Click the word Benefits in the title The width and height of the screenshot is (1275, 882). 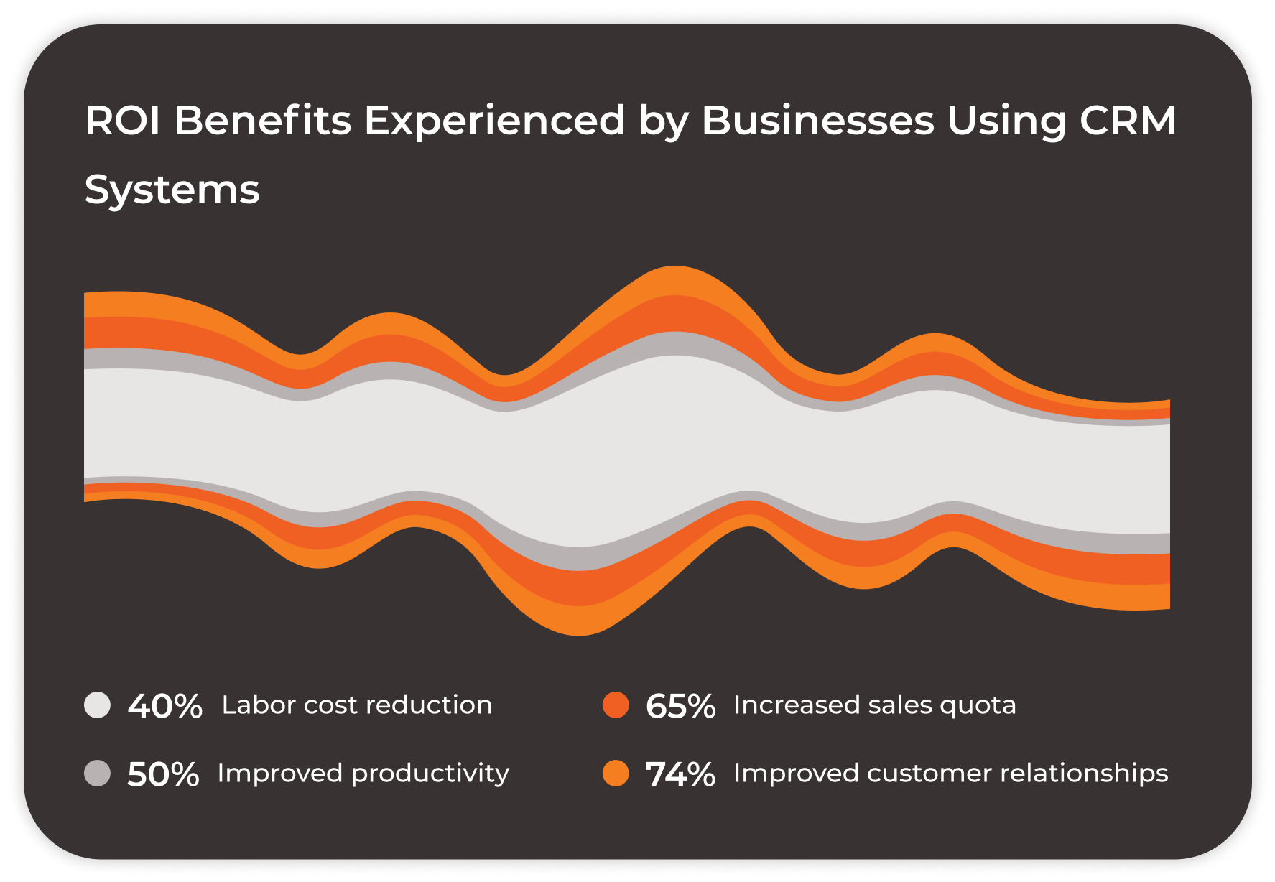click(x=262, y=120)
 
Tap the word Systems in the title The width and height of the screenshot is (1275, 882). click(x=172, y=190)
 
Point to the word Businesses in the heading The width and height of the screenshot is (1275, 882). click(x=817, y=120)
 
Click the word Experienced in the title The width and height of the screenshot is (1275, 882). click(x=495, y=120)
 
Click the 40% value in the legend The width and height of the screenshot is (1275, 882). click(x=164, y=706)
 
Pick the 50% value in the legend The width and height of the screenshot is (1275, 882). click(x=163, y=774)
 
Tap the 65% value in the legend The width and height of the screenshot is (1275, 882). click(x=680, y=706)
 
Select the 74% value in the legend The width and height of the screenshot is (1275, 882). click(x=680, y=774)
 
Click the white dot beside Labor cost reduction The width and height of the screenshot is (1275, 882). click(x=98, y=705)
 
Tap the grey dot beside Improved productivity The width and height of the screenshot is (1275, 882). click(x=98, y=774)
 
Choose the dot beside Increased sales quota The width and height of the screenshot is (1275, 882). click(x=616, y=705)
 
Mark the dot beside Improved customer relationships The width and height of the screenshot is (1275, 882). click(x=616, y=774)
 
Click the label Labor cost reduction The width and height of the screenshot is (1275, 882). click(x=357, y=705)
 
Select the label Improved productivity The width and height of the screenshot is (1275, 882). click(x=363, y=774)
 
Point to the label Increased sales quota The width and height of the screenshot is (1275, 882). click(x=875, y=705)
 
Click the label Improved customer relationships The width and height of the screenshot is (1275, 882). click(x=951, y=774)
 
